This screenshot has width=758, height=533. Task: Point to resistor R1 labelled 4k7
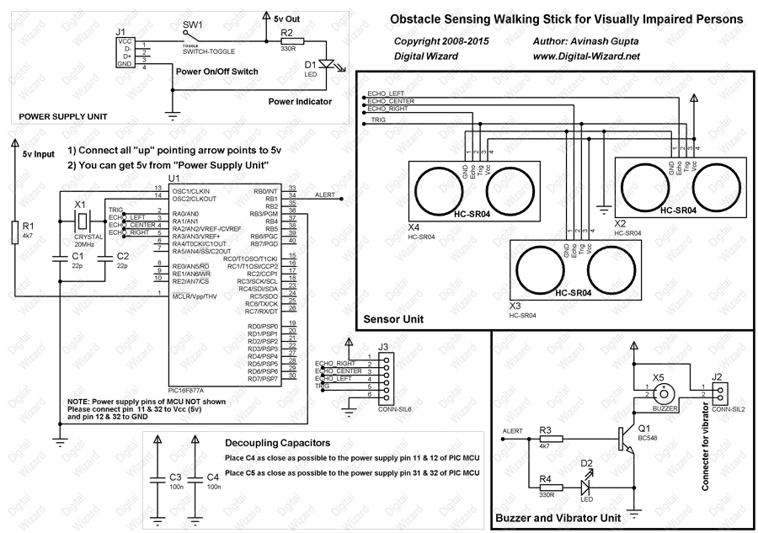point(14,232)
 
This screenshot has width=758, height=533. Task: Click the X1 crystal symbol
point(81,221)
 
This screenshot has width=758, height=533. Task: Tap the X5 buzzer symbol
point(664,392)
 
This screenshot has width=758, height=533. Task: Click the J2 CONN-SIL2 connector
point(720,393)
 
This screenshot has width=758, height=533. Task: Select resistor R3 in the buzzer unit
point(545,436)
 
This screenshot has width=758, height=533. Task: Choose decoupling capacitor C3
point(157,479)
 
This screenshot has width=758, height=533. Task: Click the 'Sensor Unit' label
point(393,319)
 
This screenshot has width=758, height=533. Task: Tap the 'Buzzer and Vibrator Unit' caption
point(558,517)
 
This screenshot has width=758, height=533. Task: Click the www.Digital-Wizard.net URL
point(587,56)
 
